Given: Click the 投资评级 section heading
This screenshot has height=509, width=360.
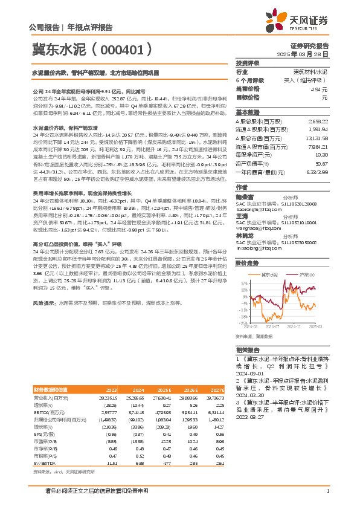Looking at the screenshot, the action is [248, 63].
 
